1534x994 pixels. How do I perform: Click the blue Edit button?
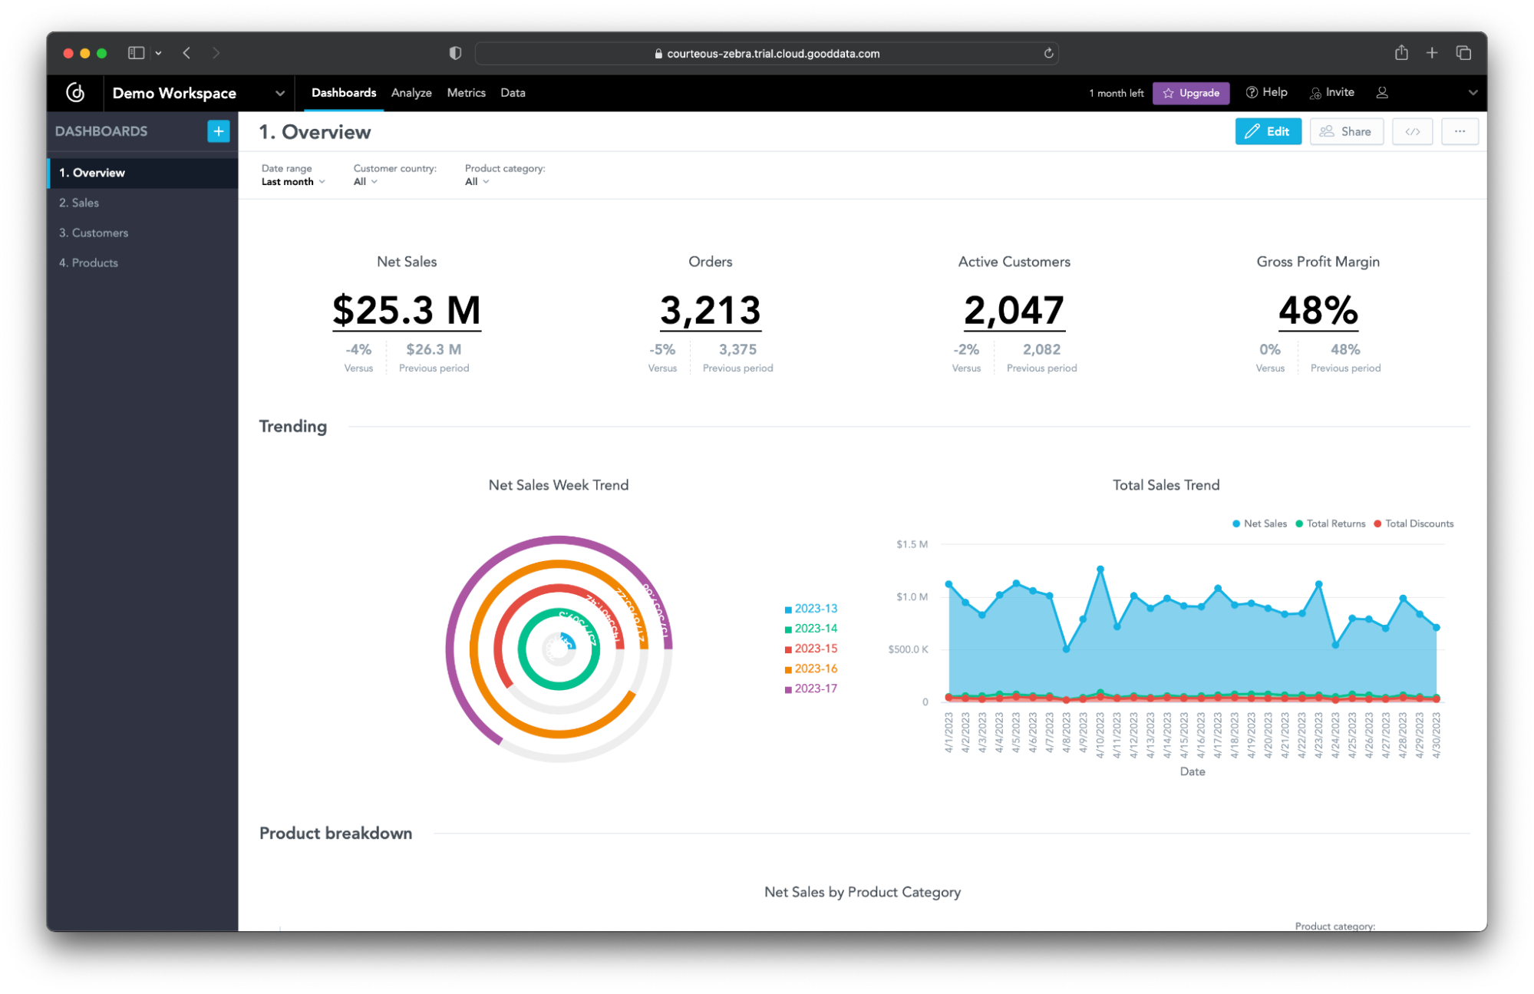pyautogui.click(x=1268, y=131)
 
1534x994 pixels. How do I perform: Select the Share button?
pyautogui.click(x=1346, y=131)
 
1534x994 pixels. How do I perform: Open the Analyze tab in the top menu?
pyautogui.click(x=411, y=93)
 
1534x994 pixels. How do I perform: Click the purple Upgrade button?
pyautogui.click(x=1191, y=93)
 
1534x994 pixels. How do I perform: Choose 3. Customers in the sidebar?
pyautogui.click(x=94, y=233)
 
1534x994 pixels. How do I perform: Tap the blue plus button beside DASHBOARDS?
pyautogui.click(x=218, y=131)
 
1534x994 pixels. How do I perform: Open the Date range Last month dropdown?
pyautogui.click(x=293, y=182)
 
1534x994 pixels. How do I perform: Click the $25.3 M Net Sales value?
pyautogui.click(x=407, y=310)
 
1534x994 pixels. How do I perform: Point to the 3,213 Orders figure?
pyautogui.click(x=710, y=310)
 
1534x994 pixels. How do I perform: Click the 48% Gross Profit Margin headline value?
pyautogui.click(x=1318, y=310)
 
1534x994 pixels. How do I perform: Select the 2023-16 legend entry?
pyautogui.click(x=815, y=669)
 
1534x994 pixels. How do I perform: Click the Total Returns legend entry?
pyautogui.click(x=1335, y=523)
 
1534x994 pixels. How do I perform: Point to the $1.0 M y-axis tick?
pyautogui.click(x=912, y=596)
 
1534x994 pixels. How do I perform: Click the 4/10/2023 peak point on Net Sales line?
pyautogui.click(x=1100, y=570)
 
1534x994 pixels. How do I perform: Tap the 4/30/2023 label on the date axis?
pyautogui.click(x=1436, y=735)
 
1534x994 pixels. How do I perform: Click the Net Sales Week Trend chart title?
pyautogui.click(x=559, y=485)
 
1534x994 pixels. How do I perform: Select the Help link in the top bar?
pyautogui.click(x=1267, y=92)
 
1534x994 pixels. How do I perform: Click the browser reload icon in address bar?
pyautogui.click(x=1048, y=53)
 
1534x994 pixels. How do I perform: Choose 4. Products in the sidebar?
pyautogui.click(x=89, y=263)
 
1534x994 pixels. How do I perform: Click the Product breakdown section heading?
pyautogui.click(x=335, y=833)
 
